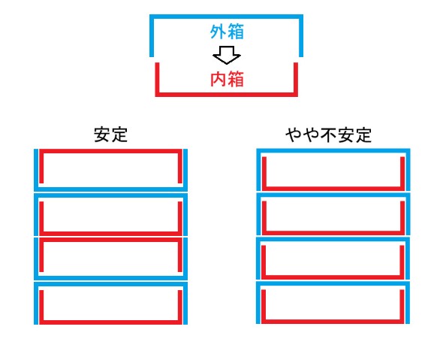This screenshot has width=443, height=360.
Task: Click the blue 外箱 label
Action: click(x=227, y=32)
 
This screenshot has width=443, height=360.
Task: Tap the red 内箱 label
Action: click(x=227, y=79)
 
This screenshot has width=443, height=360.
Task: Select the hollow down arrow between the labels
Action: click(x=227, y=55)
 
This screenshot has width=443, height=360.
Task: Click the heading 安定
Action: click(x=111, y=135)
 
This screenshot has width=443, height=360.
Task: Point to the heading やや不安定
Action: click(x=328, y=135)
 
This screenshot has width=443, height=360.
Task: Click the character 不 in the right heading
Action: click(x=328, y=135)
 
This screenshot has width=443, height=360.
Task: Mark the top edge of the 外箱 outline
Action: click(x=226, y=17)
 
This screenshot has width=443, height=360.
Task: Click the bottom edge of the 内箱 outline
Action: click(x=226, y=95)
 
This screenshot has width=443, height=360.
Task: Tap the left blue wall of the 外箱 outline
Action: click(x=152, y=35)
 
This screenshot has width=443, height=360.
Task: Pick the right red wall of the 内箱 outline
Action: click(x=296, y=80)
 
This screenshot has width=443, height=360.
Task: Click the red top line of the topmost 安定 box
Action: click(x=111, y=151)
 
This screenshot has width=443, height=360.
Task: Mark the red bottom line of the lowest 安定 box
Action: click(x=111, y=322)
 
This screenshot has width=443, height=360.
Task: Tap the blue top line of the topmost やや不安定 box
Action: click(x=333, y=150)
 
